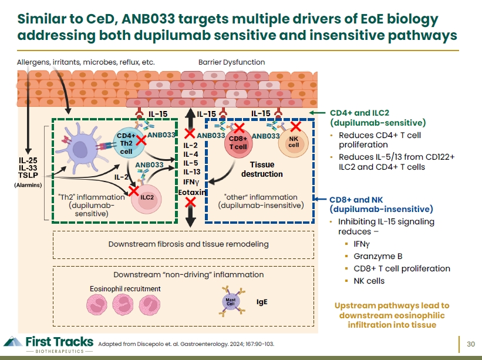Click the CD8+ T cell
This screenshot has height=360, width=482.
pos(238,143)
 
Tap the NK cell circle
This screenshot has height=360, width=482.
pos(294,142)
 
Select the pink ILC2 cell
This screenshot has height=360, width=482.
pos(146,199)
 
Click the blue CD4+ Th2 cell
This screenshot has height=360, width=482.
pos(129,143)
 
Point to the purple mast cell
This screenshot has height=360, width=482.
pos(231,301)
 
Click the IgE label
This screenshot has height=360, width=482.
pos(262,302)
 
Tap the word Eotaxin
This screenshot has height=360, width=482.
pos(192,193)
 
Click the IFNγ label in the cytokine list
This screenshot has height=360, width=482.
pos(191,182)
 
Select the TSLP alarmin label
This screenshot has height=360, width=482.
pos(28,175)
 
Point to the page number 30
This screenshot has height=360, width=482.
pos(471,344)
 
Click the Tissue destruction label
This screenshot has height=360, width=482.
pos(262,169)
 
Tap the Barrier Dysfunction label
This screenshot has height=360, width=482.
pos(231,62)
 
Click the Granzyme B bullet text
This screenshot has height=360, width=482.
pos(378,256)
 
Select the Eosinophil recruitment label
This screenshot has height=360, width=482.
pos(125,289)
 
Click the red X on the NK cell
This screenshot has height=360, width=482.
pos(296,126)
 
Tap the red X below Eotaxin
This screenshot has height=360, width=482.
pos(191,202)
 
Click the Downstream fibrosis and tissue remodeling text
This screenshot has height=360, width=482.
pos(188,244)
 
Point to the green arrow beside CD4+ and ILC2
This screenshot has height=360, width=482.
pos(317,113)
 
